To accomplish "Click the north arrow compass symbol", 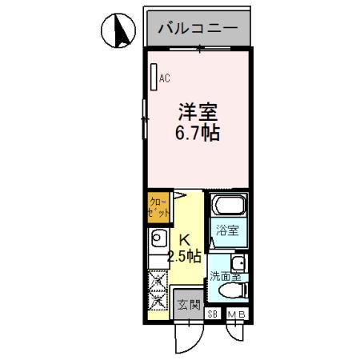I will point(118,31).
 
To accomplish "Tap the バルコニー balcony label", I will point(197,30).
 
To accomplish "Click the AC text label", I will point(165,78).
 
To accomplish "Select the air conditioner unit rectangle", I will point(154,77).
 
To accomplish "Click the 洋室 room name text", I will point(198,110).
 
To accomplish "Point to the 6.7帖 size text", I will point(198,130).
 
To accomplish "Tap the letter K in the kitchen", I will point(182,238).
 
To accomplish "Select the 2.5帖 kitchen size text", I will point(182,256).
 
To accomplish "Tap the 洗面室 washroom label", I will point(223,277).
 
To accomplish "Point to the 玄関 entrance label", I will point(189,304).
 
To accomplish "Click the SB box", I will point(214,314).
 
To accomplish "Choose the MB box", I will point(238,314).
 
